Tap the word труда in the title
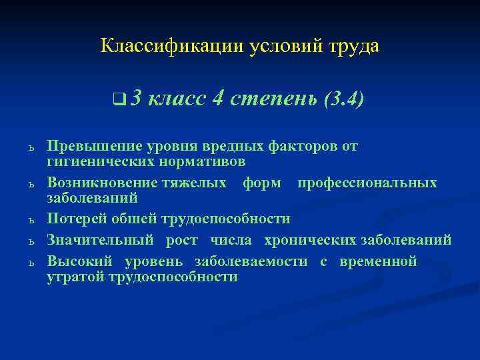tap(353, 46)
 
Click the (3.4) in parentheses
tap(343, 101)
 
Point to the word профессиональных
tap(367, 183)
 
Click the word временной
tap(378, 261)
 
